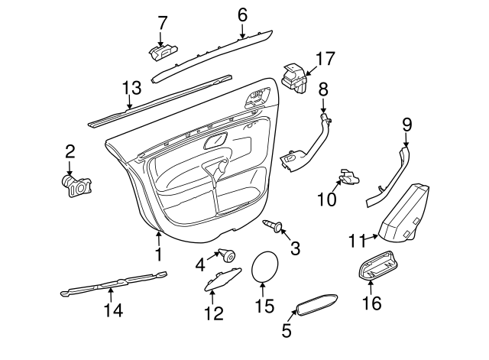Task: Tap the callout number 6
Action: click(x=243, y=15)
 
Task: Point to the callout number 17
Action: click(x=325, y=59)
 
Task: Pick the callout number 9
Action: click(x=406, y=123)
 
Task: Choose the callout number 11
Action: click(x=356, y=242)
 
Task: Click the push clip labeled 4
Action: click(x=226, y=255)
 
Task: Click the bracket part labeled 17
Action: click(x=294, y=77)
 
